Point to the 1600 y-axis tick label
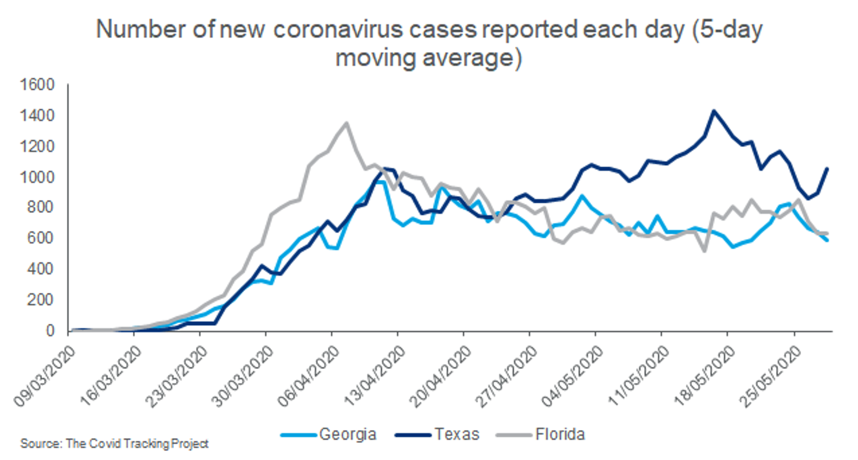pos(37,85)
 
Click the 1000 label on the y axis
pos(37,177)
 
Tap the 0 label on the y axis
pos(50,330)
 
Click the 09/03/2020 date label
pos(45,377)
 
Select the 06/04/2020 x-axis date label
pos(309,377)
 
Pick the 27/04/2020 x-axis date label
pos(507,377)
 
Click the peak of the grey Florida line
pos(346,123)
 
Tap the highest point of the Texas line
pos(714,111)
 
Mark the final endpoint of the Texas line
pos(827,168)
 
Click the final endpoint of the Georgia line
pos(827,240)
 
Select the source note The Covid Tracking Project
pos(114,444)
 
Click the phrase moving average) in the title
pos(429,58)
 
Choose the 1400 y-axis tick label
pos(37,116)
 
